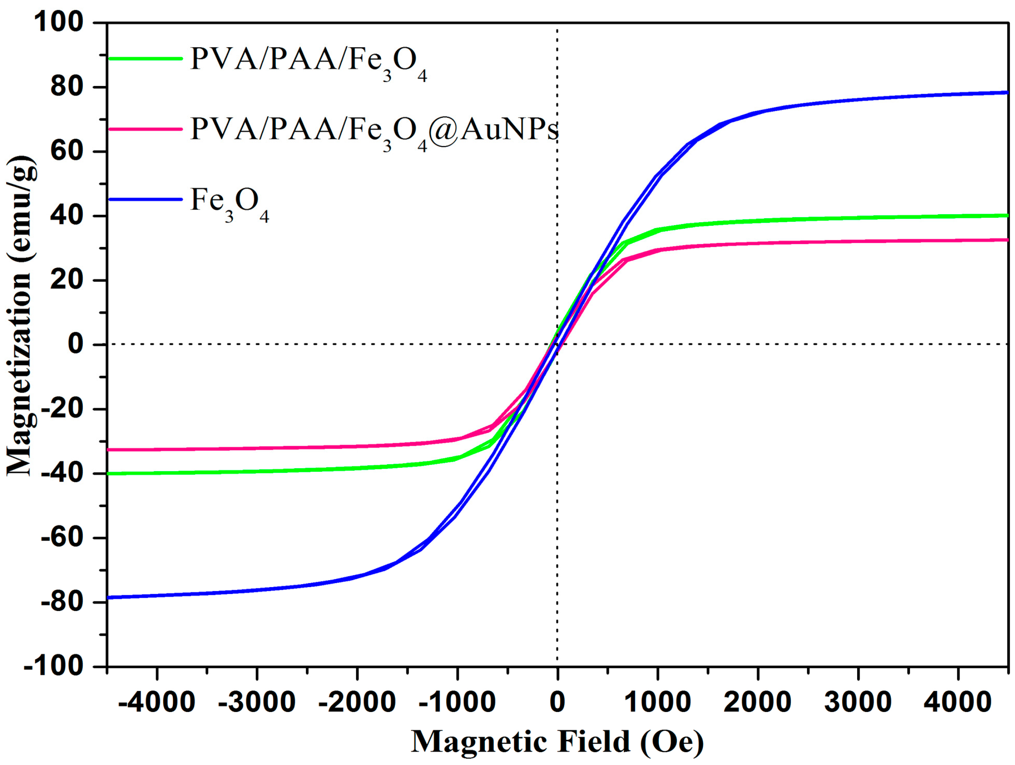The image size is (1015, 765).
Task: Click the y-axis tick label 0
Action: (x=76, y=344)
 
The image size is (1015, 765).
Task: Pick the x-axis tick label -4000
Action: (x=156, y=702)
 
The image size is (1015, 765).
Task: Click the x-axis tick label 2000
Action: (x=757, y=702)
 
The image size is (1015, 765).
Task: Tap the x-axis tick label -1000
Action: (x=457, y=702)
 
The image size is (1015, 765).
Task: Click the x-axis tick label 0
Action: (x=557, y=702)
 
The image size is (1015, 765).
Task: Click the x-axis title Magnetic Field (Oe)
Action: (x=557, y=742)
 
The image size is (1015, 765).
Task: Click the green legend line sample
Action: (x=145, y=59)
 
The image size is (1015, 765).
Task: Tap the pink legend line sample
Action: (x=145, y=129)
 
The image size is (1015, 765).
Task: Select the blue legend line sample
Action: (x=145, y=199)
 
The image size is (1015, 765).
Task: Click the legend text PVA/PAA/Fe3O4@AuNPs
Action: (x=374, y=131)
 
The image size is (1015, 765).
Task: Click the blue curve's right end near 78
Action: (x=1006, y=93)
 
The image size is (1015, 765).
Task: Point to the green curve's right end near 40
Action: (x=1006, y=216)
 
